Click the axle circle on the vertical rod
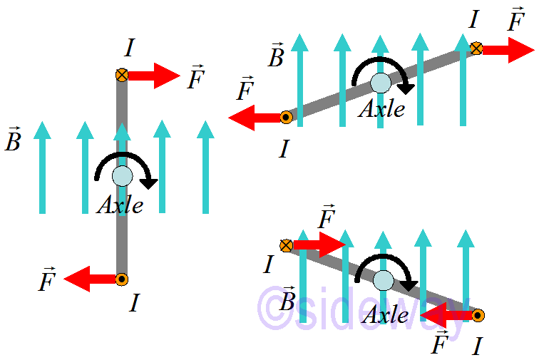(123, 175)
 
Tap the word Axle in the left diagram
(120, 205)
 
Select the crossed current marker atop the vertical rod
(122, 74)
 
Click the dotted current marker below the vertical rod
(122, 279)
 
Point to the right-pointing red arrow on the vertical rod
(153, 75)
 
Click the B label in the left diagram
(13, 139)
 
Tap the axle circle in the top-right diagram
(380, 83)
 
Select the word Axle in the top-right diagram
(381, 109)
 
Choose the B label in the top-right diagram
(276, 56)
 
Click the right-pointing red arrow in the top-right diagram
(508, 49)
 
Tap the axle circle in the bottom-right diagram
(384, 279)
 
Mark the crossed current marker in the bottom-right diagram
(286, 245)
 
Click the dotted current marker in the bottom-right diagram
(478, 314)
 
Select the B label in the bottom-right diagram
(288, 300)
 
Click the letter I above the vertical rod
(129, 48)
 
